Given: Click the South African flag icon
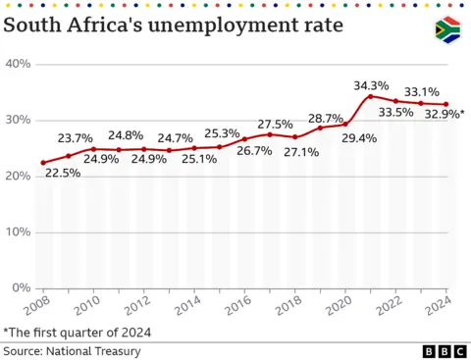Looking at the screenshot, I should [x=447, y=29].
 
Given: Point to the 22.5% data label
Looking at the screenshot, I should [x=61, y=174].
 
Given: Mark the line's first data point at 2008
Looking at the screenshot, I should [x=43, y=163].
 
